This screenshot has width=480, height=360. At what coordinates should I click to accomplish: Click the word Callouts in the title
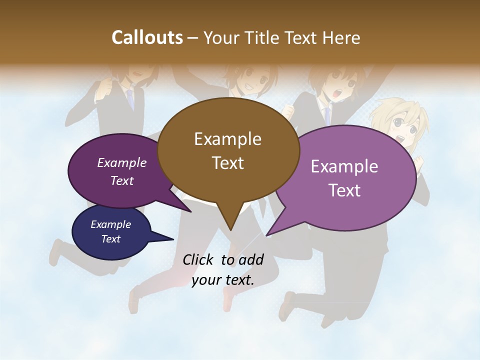point(147,37)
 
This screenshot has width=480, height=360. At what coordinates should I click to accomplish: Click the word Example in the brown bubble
point(227,139)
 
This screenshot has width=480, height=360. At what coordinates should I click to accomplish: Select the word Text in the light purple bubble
point(344,190)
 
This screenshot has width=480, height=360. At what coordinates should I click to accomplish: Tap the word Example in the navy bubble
point(110,224)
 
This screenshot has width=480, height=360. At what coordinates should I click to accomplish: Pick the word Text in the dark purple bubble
point(122,180)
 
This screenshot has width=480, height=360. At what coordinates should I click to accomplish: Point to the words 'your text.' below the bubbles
point(223,280)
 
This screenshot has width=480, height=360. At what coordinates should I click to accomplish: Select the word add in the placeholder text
point(251,259)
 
